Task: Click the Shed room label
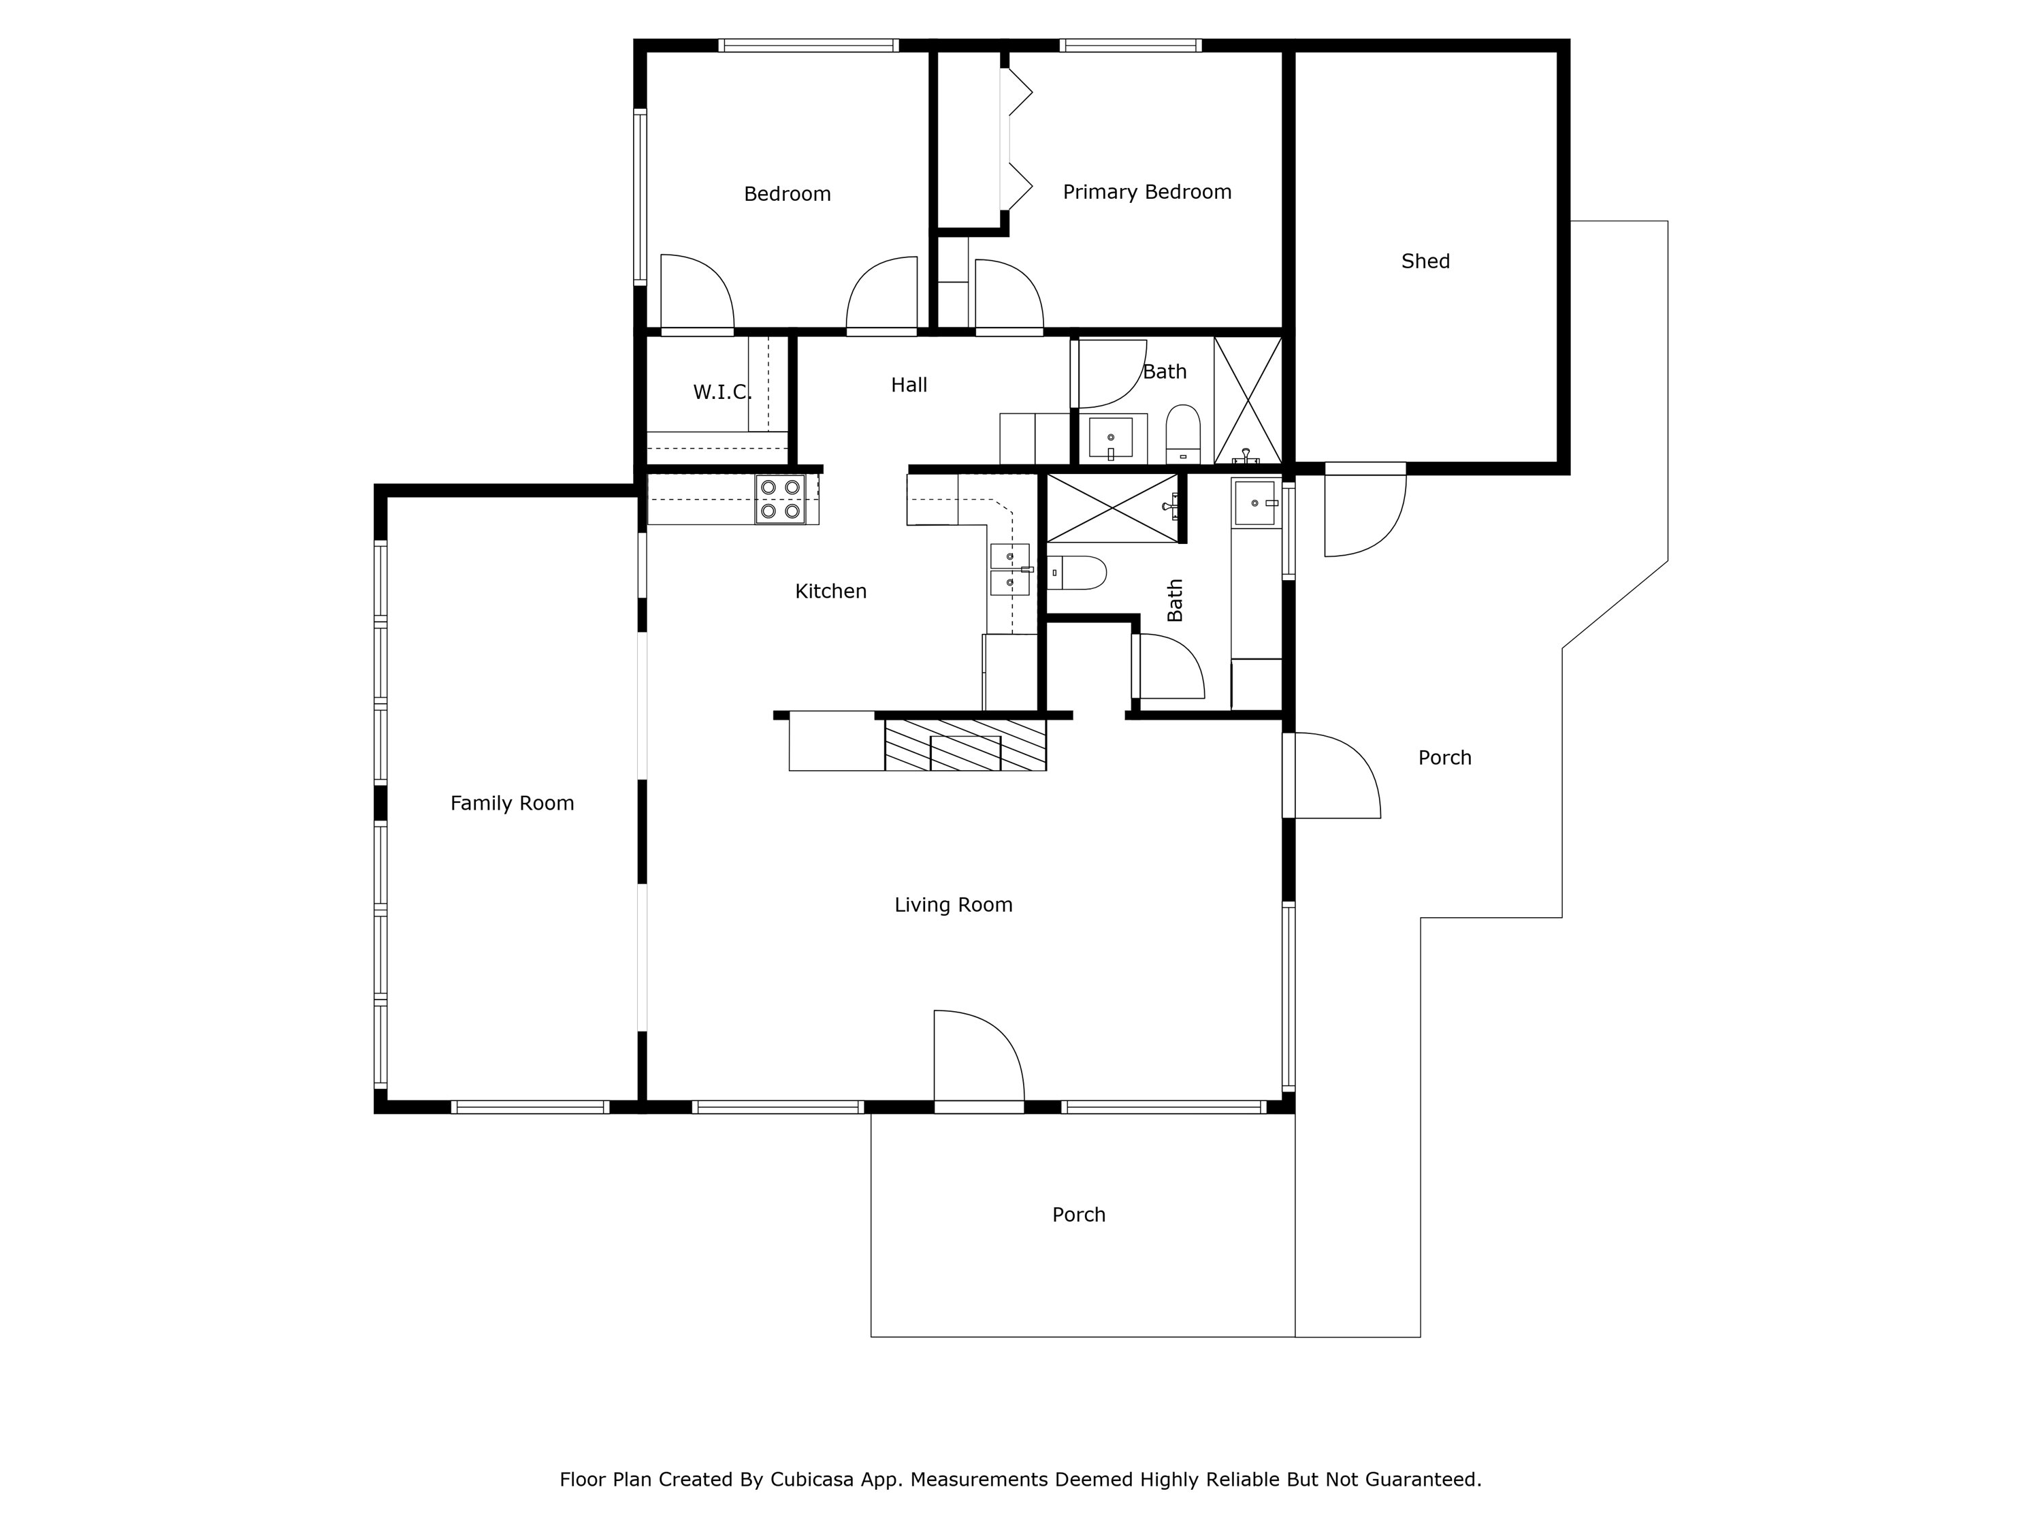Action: click(x=1425, y=261)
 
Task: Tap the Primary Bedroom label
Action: click(x=1146, y=192)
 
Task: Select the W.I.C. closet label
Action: click(x=722, y=392)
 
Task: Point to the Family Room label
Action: click(x=513, y=803)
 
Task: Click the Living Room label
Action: click(x=954, y=905)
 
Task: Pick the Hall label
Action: click(x=909, y=385)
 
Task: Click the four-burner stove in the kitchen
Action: click(x=780, y=500)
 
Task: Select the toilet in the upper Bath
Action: click(x=1182, y=432)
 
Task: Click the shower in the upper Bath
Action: click(x=1247, y=400)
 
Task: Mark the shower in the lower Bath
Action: click(x=1112, y=508)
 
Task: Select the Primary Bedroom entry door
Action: click(x=1008, y=296)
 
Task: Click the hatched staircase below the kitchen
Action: click(x=965, y=745)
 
